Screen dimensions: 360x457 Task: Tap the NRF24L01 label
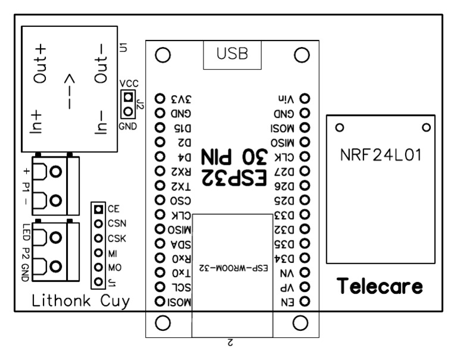point(381,155)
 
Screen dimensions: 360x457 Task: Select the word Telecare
point(380,287)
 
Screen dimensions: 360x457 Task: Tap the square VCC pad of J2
point(127,97)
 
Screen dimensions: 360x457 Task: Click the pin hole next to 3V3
point(159,98)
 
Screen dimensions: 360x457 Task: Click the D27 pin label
point(284,171)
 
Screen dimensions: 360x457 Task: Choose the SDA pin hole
point(159,243)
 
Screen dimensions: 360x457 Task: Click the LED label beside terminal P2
point(26,231)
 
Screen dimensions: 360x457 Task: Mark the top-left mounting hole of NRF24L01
point(340,127)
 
